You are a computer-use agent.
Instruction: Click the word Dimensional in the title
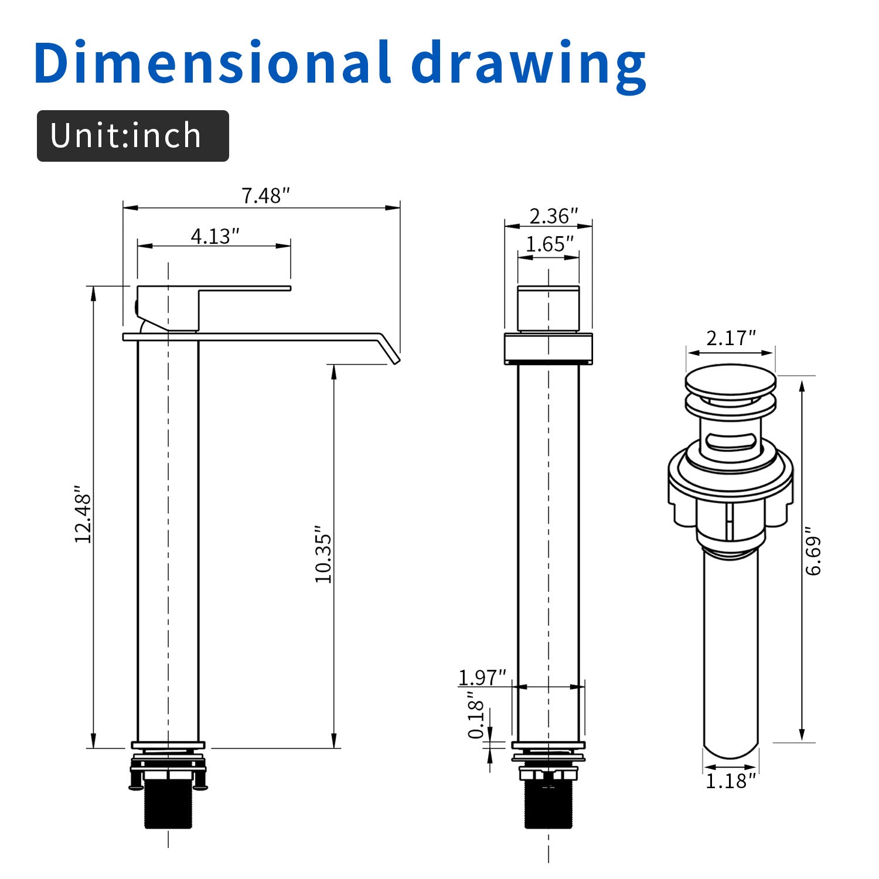[x=212, y=62]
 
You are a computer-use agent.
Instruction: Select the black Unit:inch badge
[x=133, y=136]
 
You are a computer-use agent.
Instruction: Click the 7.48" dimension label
[x=266, y=195]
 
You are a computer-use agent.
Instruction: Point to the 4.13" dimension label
[x=215, y=236]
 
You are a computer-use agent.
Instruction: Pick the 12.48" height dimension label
[x=83, y=514]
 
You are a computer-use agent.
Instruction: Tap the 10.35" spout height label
[x=323, y=554]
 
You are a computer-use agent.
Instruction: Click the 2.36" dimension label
[x=554, y=216]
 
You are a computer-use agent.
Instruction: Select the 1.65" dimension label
[x=550, y=244]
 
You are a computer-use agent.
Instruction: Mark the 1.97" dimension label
[x=482, y=677]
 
